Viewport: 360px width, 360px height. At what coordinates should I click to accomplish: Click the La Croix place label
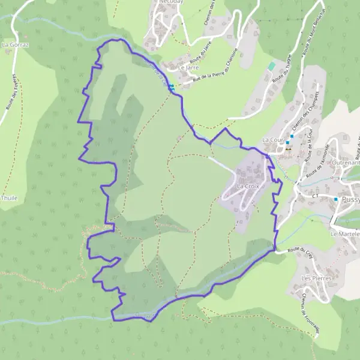[248, 187]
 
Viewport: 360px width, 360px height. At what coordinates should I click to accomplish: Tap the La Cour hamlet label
[272, 139]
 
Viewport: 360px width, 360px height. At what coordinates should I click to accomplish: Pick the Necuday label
[171, 2]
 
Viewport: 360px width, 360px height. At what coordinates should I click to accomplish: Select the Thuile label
[9, 197]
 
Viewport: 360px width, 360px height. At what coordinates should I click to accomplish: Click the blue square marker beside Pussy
[336, 199]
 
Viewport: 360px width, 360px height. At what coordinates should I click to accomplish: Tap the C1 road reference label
[315, 196]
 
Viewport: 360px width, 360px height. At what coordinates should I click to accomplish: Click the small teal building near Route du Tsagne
[272, 65]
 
